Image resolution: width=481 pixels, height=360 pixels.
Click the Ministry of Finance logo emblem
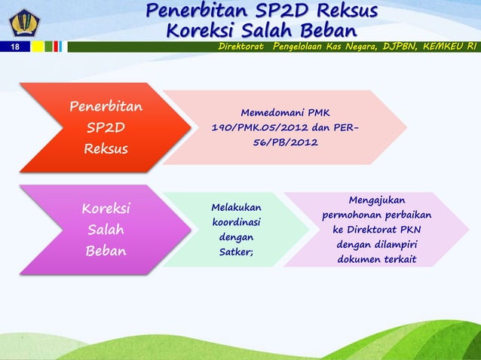(16, 18)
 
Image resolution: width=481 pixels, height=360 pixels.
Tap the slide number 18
(14, 47)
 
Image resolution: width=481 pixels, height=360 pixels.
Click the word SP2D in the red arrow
(106, 127)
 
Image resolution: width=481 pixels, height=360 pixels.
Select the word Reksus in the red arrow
(106, 148)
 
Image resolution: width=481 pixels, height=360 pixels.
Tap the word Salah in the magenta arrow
(106, 229)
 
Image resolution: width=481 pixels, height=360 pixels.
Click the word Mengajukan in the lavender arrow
(377, 200)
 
